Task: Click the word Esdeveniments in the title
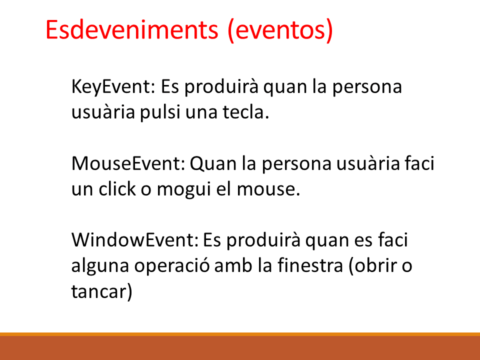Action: [132, 29]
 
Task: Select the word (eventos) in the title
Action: [280, 30]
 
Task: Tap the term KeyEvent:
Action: [113, 87]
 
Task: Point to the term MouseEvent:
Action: [128, 163]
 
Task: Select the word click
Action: [117, 188]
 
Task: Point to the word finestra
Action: [310, 265]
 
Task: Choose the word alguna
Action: [100, 265]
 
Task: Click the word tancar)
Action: [102, 291]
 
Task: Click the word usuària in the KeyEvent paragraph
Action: [103, 111]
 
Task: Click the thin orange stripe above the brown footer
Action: [240, 334]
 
